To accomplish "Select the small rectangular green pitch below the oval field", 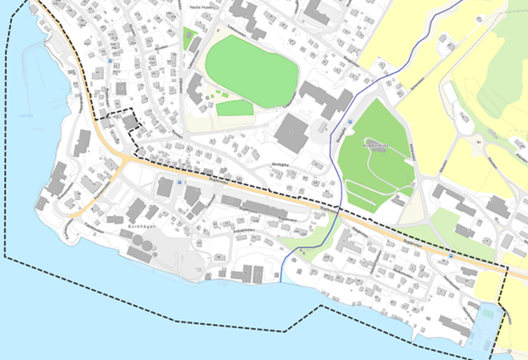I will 234,108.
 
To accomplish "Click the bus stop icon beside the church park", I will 350,122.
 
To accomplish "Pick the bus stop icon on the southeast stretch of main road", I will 452,257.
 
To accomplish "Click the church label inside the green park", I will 377,146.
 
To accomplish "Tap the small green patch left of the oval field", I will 190,38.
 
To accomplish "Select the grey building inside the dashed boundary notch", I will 127,121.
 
